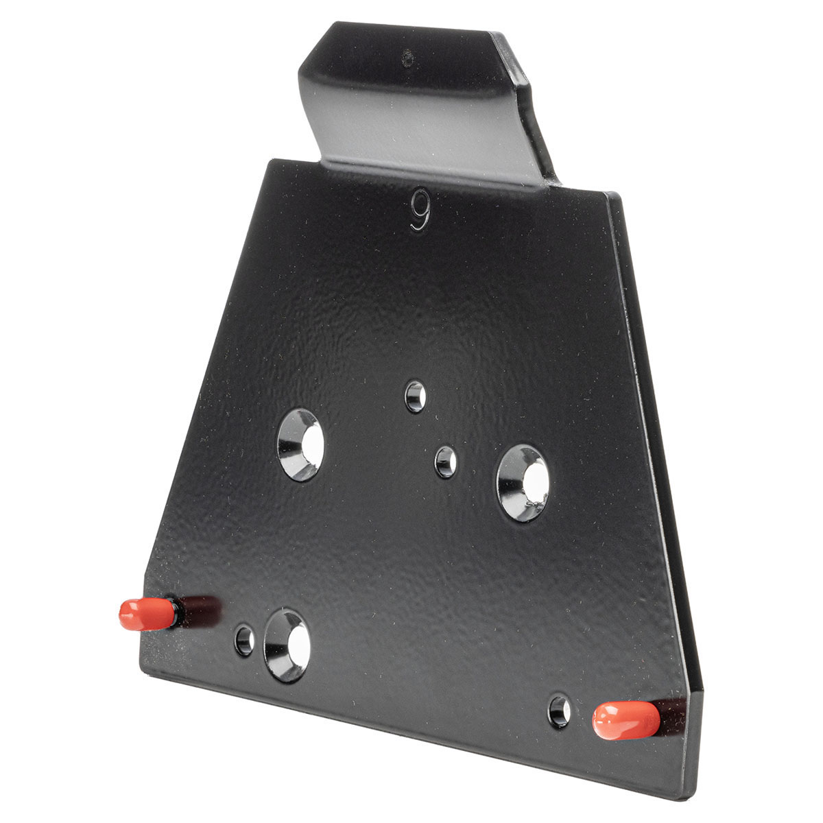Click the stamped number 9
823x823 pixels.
(x=420, y=210)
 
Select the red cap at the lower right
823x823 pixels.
(x=626, y=720)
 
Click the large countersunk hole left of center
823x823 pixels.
(x=300, y=444)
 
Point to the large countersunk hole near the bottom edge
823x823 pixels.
(x=287, y=645)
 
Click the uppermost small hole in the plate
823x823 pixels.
(x=416, y=396)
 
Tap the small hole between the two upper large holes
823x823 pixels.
(x=446, y=462)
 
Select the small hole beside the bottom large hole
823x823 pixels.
(x=244, y=641)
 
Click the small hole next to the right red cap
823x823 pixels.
(x=560, y=712)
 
